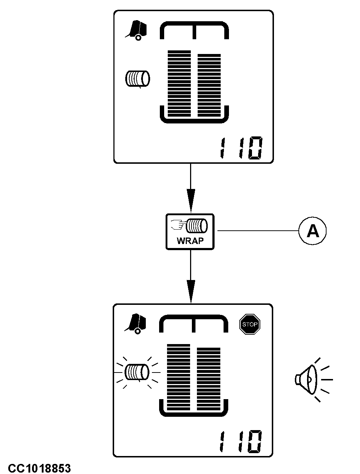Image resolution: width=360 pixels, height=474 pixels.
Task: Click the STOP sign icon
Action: point(250,324)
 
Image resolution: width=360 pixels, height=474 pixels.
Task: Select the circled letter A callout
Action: point(312,231)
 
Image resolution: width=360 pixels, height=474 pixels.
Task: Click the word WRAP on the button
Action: point(190,241)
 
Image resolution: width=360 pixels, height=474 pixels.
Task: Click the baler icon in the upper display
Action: point(136,30)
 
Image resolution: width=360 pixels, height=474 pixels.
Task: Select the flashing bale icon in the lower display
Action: point(137,373)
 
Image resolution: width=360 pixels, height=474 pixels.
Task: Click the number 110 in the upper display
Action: point(241,148)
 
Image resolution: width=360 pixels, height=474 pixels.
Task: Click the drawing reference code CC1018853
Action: point(40,468)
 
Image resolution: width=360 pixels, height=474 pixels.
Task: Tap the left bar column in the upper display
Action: point(179,83)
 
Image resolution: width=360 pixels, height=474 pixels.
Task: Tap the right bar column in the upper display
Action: point(209,85)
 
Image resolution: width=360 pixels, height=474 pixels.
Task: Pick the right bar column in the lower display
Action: point(209,379)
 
